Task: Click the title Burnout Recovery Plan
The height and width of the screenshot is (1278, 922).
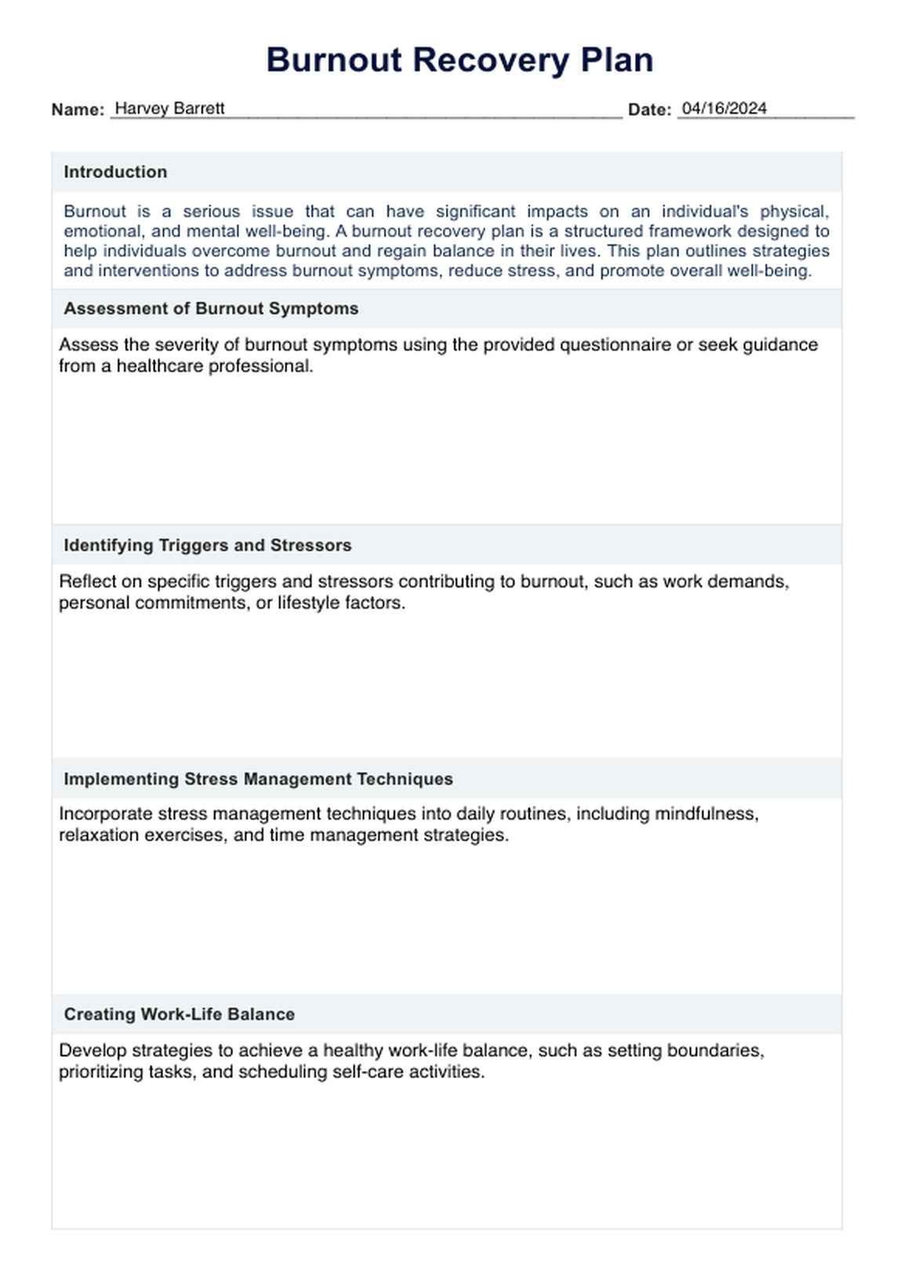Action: coord(459,60)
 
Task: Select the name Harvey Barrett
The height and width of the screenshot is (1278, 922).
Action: coord(169,109)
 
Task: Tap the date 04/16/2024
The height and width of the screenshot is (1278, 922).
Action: coord(724,109)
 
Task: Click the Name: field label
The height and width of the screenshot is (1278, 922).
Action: coord(78,110)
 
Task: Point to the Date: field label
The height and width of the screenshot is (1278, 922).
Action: coord(649,110)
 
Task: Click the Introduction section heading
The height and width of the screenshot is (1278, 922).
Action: coord(115,172)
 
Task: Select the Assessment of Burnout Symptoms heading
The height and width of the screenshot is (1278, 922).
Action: coord(211,309)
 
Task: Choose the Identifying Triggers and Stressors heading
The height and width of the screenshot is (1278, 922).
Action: coord(207,546)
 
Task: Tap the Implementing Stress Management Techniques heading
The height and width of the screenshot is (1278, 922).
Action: coord(258,779)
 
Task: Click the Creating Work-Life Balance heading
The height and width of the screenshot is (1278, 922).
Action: coord(179,1015)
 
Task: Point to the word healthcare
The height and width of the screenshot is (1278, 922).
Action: coord(162,366)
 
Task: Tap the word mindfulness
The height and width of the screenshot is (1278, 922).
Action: coord(706,814)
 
